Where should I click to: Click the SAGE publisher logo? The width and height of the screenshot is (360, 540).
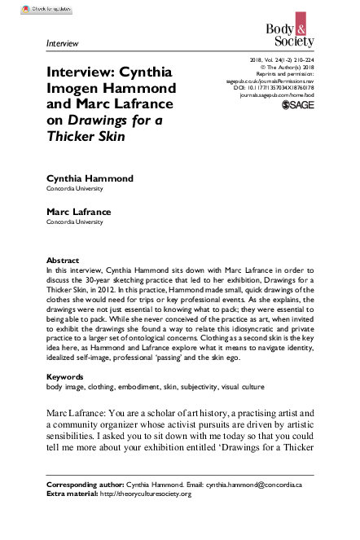tap(298, 106)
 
